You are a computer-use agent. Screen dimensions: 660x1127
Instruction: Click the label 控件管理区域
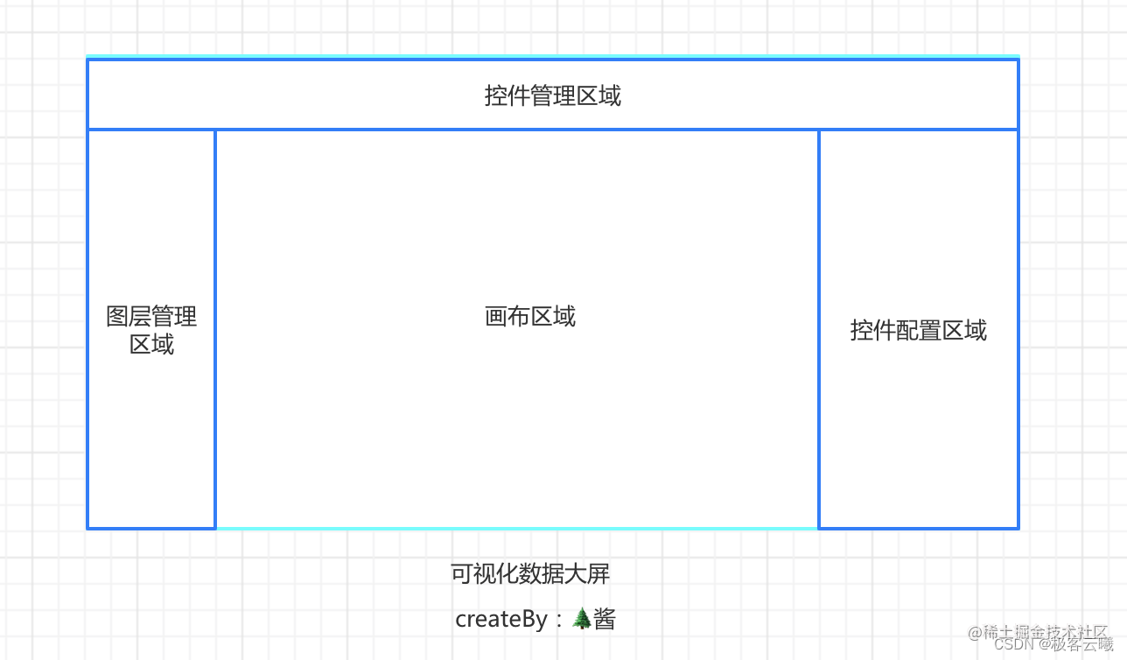click(x=553, y=95)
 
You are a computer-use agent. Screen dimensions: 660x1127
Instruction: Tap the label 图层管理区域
click(x=151, y=330)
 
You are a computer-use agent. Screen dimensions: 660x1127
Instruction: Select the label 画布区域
click(x=530, y=316)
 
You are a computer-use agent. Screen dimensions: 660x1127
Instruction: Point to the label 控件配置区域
click(x=918, y=330)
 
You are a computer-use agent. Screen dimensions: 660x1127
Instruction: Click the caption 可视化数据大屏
click(x=530, y=573)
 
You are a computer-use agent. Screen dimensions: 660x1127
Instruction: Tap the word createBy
click(x=500, y=619)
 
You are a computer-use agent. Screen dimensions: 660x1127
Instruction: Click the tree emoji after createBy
click(x=582, y=619)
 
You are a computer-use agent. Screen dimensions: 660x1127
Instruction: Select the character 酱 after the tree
click(x=605, y=619)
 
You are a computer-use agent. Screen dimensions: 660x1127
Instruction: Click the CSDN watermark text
click(x=1015, y=644)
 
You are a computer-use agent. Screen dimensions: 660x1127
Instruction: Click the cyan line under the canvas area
click(x=516, y=528)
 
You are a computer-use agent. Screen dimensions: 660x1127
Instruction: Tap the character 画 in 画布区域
click(x=496, y=316)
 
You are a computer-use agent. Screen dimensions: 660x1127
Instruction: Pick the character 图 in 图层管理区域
click(x=117, y=316)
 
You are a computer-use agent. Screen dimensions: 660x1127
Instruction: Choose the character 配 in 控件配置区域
click(x=907, y=330)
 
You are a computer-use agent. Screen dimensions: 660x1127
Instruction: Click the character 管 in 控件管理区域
click(x=542, y=95)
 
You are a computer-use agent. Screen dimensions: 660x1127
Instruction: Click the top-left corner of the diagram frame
click(x=88, y=60)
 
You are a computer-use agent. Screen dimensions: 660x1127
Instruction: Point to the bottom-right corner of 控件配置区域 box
click(x=1018, y=528)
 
